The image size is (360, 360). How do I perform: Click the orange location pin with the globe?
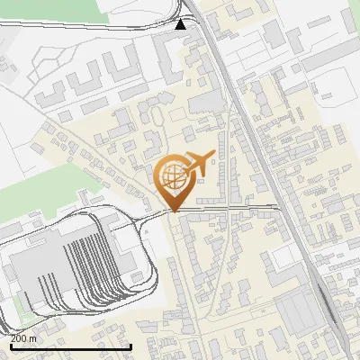[x=172, y=181]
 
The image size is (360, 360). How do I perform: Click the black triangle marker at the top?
[x=182, y=24]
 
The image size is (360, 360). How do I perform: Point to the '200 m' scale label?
[x=22, y=338]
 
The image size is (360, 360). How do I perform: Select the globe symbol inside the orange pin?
[x=172, y=175]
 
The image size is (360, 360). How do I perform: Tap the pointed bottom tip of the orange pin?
[x=172, y=211]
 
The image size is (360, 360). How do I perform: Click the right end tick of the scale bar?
[x=131, y=346]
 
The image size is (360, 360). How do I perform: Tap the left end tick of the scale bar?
[x=9, y=346]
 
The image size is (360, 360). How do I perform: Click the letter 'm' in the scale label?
[x=32, y=338]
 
